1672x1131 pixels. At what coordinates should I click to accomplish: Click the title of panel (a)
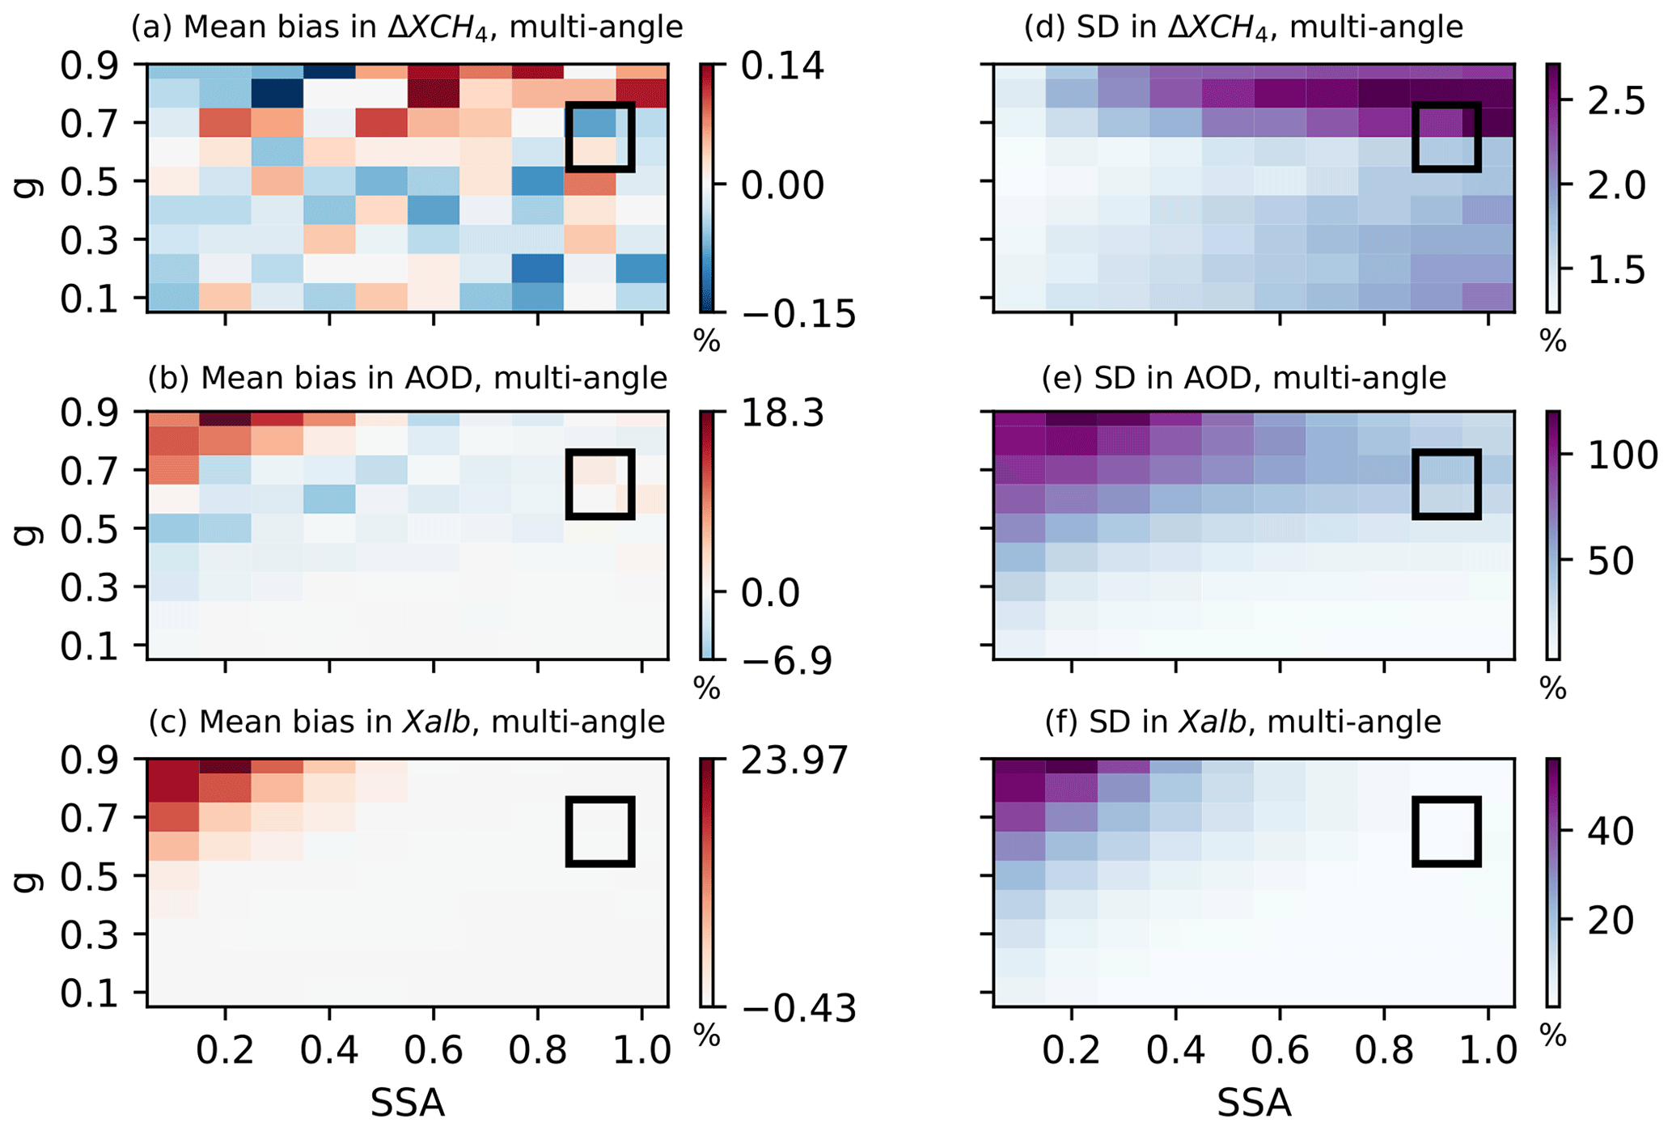coord(407,28)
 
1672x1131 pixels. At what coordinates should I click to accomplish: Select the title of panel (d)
coord(1243,28)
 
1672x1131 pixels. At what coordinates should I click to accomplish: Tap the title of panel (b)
coord(407,378)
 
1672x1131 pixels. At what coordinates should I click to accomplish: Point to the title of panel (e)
coord(1243,378)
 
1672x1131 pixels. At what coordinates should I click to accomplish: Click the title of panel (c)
coord(407,722)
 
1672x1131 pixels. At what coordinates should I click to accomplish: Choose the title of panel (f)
coord(1243,722)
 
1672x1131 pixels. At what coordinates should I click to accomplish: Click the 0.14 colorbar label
coord(782,66)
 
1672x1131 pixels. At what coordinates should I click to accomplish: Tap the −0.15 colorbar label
coord(798,314)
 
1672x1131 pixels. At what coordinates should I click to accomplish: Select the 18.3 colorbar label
coord(782,414)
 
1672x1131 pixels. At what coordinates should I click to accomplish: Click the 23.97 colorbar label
coord(794,761)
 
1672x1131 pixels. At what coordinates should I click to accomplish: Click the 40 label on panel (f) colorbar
coord(1611,832)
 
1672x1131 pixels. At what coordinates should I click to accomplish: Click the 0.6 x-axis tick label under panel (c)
coord(434,1051)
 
